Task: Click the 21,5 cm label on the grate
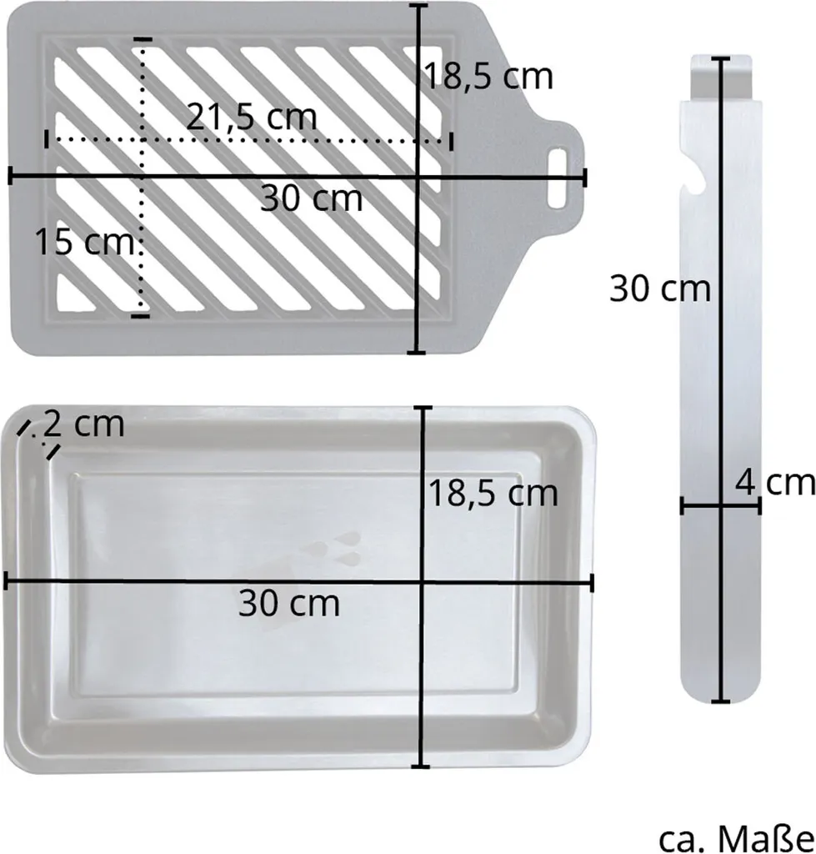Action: tap(252, 117)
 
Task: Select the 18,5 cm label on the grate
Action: tap(488, 76)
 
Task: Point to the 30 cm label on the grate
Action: tap(312, 198)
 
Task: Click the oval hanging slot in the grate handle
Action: tap(557, 178)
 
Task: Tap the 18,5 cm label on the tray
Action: tap(493, 494)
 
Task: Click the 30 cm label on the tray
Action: tap(289, 603)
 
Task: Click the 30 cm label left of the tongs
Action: tap(660, 288)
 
